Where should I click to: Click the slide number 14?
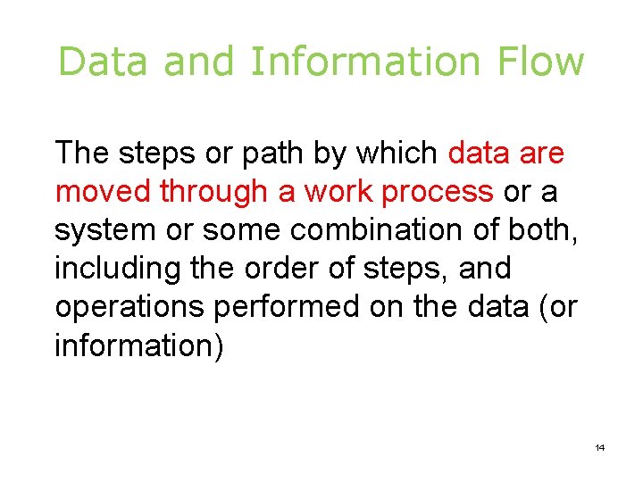pos(599,446)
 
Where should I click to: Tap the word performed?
pos(287,306)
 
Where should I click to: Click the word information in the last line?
pos(135,345)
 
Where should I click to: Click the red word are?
pos(541,154)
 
